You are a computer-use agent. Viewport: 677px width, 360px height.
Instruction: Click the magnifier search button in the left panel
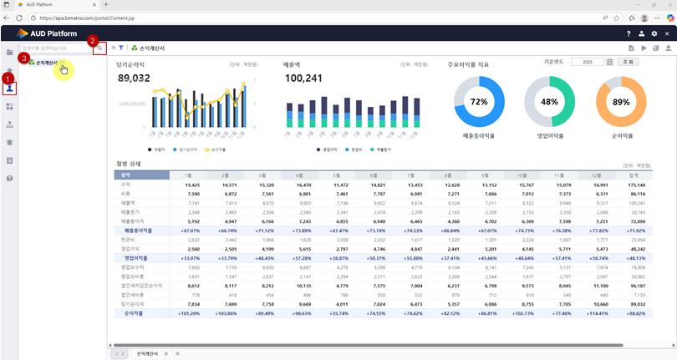point(99,48)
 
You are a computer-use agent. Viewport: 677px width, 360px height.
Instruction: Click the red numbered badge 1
point(9,78)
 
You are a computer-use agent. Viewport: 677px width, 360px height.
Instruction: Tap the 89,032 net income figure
point(134,78)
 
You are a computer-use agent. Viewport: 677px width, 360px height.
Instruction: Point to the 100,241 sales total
point(303,78)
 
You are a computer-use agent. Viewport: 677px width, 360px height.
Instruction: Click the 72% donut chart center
point(479,102)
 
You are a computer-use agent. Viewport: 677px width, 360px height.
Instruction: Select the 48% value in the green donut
point(549,102)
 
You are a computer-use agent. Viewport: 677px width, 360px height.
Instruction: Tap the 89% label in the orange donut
point(621,102)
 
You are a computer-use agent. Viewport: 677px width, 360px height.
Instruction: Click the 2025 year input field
point(587,63)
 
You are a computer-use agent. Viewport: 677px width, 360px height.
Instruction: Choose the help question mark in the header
point(629,33)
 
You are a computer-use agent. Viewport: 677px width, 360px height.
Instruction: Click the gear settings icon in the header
point(654,33)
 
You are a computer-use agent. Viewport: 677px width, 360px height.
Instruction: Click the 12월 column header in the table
point(597,175)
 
